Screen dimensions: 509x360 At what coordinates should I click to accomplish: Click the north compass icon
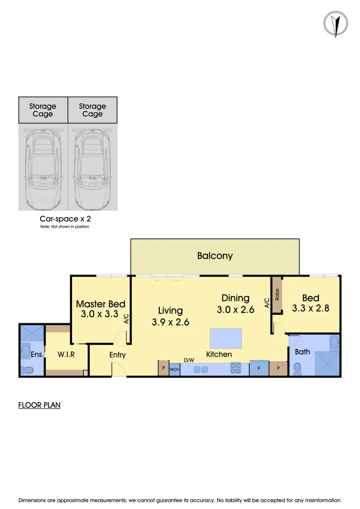[335, 23]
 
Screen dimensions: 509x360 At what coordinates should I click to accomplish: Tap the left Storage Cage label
[43, 110]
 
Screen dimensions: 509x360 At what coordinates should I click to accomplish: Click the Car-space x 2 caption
[65, 219]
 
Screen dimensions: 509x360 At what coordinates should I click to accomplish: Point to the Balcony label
[215, 256]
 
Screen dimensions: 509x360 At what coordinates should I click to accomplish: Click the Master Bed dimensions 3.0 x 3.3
[99, 314]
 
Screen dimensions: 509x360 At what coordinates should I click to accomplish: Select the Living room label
[170, 311]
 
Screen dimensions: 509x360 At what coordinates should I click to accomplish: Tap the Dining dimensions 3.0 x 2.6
[236, 310]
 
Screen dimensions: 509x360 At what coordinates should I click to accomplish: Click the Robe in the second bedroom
[277, 295]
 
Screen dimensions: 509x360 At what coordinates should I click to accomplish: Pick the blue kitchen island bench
[226, 338]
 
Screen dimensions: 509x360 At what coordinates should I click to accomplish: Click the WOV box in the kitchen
[174, 369]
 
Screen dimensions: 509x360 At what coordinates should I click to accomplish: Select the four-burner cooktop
[236, 368]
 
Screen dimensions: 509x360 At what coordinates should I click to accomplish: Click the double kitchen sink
[201, 369]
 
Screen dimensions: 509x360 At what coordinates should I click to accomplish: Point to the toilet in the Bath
[297, 369]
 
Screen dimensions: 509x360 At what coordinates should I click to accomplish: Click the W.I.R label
[67, 354]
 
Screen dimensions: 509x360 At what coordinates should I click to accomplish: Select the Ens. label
[38, 354]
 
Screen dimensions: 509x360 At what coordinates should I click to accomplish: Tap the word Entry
[117, 355]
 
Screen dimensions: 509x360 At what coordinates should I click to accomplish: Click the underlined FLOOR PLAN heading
[39, 405]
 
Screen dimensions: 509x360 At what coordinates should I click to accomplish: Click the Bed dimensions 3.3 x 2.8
[311, 309]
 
